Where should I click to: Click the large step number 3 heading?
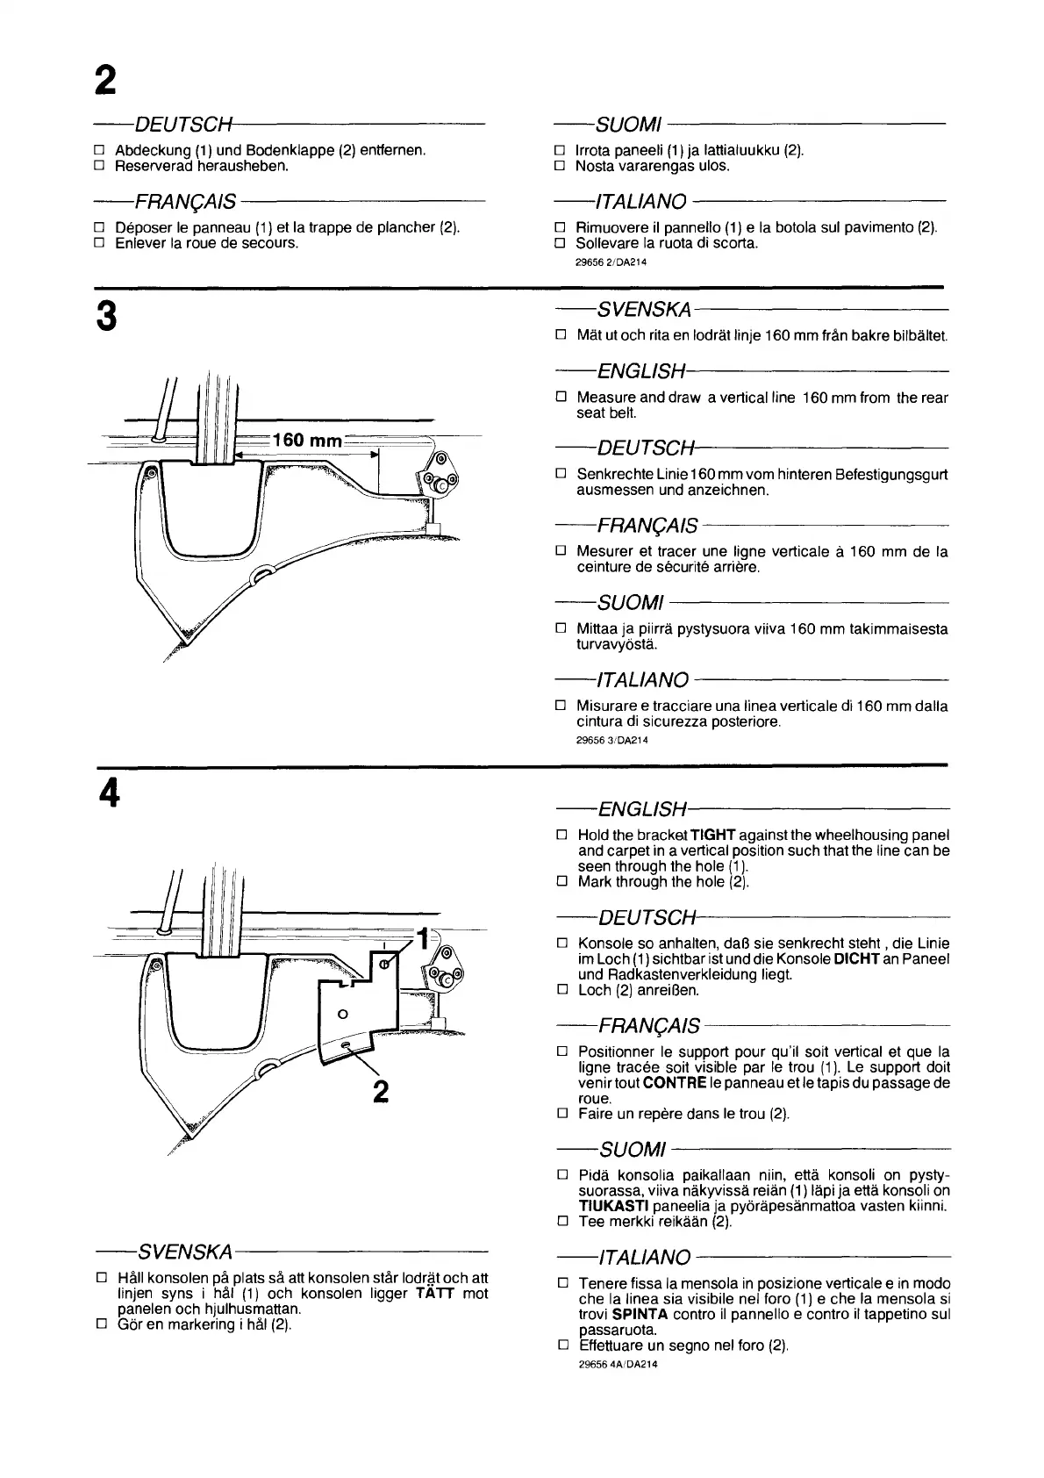106,317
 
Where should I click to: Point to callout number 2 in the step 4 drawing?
380,1091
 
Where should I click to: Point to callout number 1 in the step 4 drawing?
423,938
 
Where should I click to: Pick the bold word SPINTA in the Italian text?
640,1315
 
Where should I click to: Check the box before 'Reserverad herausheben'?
99,165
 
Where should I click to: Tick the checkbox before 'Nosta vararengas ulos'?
560,165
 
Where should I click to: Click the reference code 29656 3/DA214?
611,740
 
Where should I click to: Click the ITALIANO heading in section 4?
643,1258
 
